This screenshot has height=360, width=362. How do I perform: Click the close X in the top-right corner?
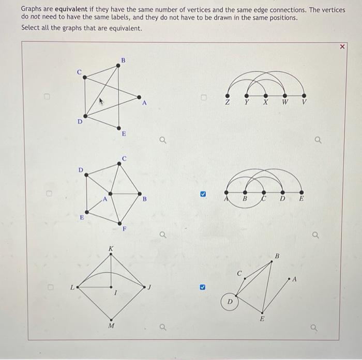tap(342, 46)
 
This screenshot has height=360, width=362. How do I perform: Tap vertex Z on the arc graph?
tap(227, 95)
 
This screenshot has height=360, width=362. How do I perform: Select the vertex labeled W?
tap(284, 95)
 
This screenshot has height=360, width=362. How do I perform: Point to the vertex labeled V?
tap(304, 95)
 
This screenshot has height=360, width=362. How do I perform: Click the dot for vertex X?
tap(265, 95)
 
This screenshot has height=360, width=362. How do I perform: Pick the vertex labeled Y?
tap(246, 95)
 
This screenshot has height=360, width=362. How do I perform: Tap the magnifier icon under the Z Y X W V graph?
tap(318, 139)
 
